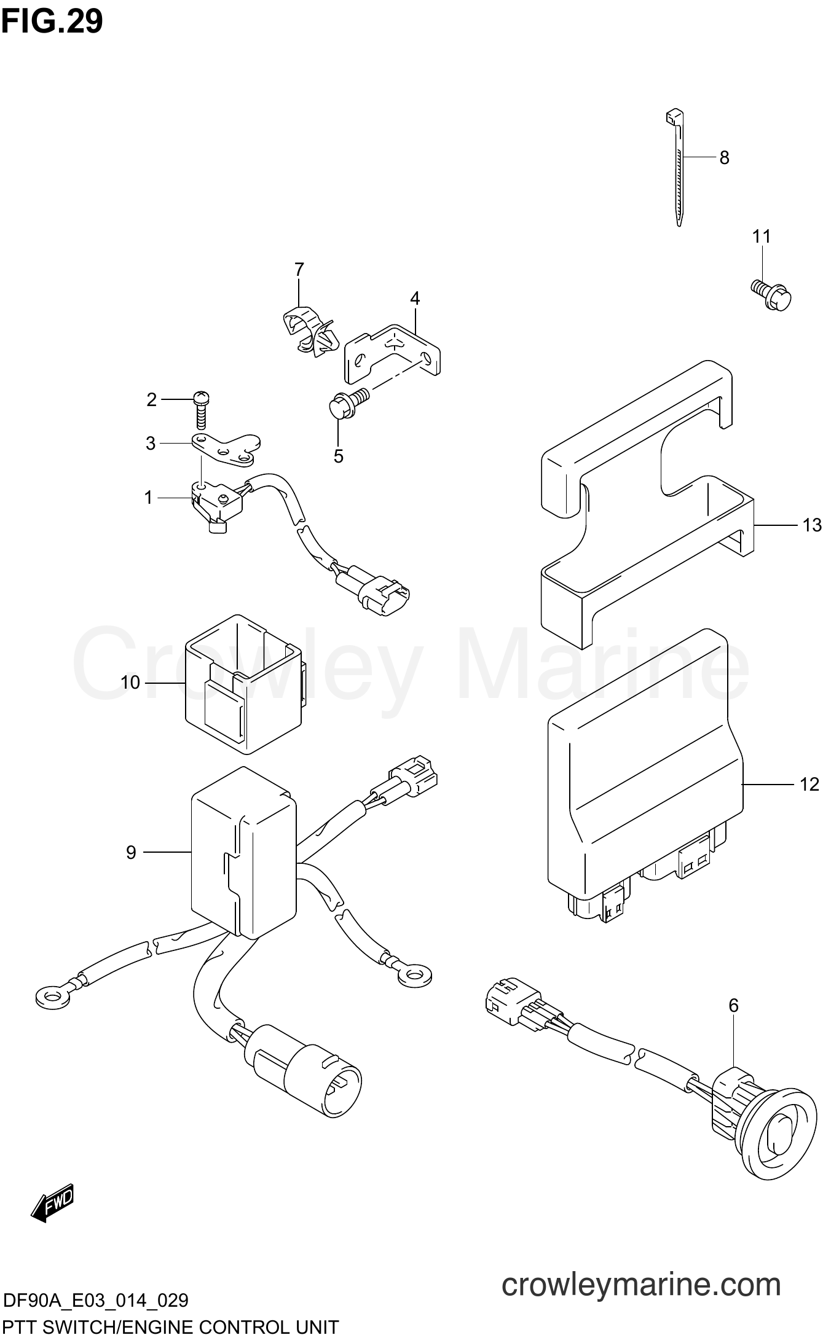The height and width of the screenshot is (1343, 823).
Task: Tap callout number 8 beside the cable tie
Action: [x=724, y=158]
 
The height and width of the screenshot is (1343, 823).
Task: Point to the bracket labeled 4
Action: [x=392, y=352]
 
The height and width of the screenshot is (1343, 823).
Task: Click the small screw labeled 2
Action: [x=200, y=409]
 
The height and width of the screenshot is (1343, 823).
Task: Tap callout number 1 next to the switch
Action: [x=148, y=498]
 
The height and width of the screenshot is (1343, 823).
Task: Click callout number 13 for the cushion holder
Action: [x=811, y=525]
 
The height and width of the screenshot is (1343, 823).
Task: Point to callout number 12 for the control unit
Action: [x=809, y=785]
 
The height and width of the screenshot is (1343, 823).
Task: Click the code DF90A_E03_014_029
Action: [x=95, y=1300]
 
